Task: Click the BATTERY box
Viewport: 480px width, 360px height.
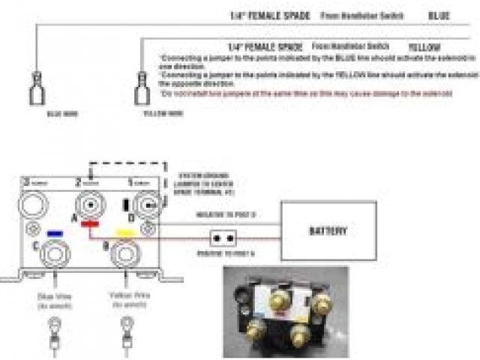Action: pyautogui.click(x=326, y=229)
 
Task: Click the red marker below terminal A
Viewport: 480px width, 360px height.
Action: pyautogui.click(x=92, y=223)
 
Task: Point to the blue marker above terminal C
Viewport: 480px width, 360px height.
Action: pyautogui.click(x=53, y=233)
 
